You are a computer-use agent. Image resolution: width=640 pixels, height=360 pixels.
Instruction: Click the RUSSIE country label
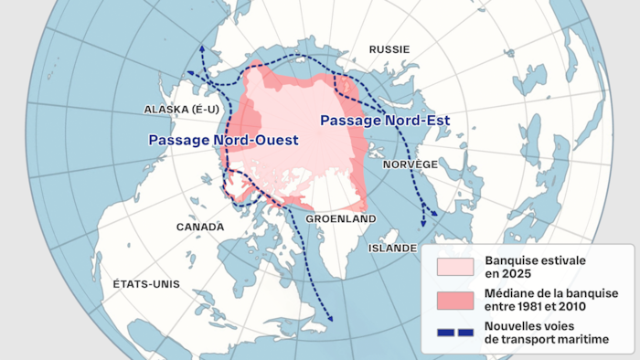(x=389, y=48)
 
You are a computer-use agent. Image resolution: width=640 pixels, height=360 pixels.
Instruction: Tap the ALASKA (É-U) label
(x=180, y=110)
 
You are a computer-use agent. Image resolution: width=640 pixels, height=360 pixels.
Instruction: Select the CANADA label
(x=200, y=227)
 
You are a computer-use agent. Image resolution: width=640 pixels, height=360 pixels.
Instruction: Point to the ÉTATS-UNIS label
(x=146, y=284)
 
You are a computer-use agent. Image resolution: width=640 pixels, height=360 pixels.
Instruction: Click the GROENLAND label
(x=341, y=220)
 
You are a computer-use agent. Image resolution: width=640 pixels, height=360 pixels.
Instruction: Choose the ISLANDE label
(x=392, y=248)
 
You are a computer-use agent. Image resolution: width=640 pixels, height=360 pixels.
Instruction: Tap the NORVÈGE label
(x=411, y=164)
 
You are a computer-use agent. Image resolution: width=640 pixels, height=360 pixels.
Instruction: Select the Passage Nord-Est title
(x=384, y=121)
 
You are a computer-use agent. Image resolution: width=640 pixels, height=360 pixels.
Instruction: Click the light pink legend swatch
(x=455, y=267)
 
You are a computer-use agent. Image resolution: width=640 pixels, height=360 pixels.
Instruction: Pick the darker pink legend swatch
(x=455, y=300)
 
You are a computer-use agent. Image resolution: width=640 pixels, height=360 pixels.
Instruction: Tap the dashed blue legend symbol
(x=455, y=333)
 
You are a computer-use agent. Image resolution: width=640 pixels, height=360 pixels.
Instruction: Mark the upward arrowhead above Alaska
(x=201, y=47)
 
